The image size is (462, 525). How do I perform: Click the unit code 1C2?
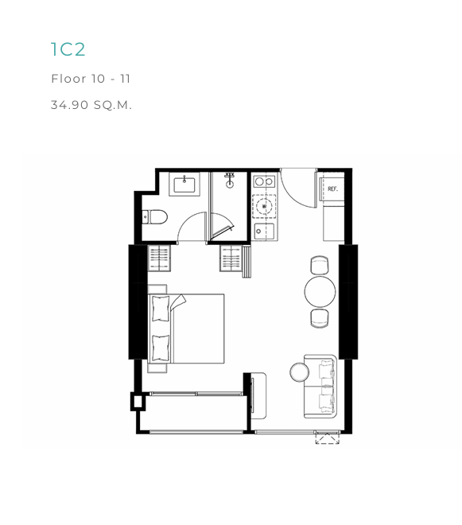click(68, 49)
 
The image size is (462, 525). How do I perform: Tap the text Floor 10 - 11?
click(91, 79)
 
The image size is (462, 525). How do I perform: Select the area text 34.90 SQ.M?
click(91, 105)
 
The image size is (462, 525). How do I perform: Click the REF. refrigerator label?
click(332, 189)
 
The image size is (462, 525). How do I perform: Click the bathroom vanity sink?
click(184, 185)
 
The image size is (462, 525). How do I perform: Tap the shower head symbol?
click(230, 181)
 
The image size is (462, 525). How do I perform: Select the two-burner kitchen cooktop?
click(264, 182)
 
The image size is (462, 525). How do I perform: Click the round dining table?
click(320, 292)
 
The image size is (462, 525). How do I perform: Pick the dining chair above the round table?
click(320, 265)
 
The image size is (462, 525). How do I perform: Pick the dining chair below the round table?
click(320, 318)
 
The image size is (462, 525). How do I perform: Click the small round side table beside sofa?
click(300, 372)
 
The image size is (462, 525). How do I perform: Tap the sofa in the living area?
click(320, 387)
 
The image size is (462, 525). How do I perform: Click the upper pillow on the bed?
click(161, 309)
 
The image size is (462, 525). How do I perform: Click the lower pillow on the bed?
click(161, 348)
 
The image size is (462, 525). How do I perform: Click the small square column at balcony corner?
click(138, 402)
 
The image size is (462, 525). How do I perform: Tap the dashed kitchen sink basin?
click(265, 206)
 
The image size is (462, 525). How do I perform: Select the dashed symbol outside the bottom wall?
click(328, 438)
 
